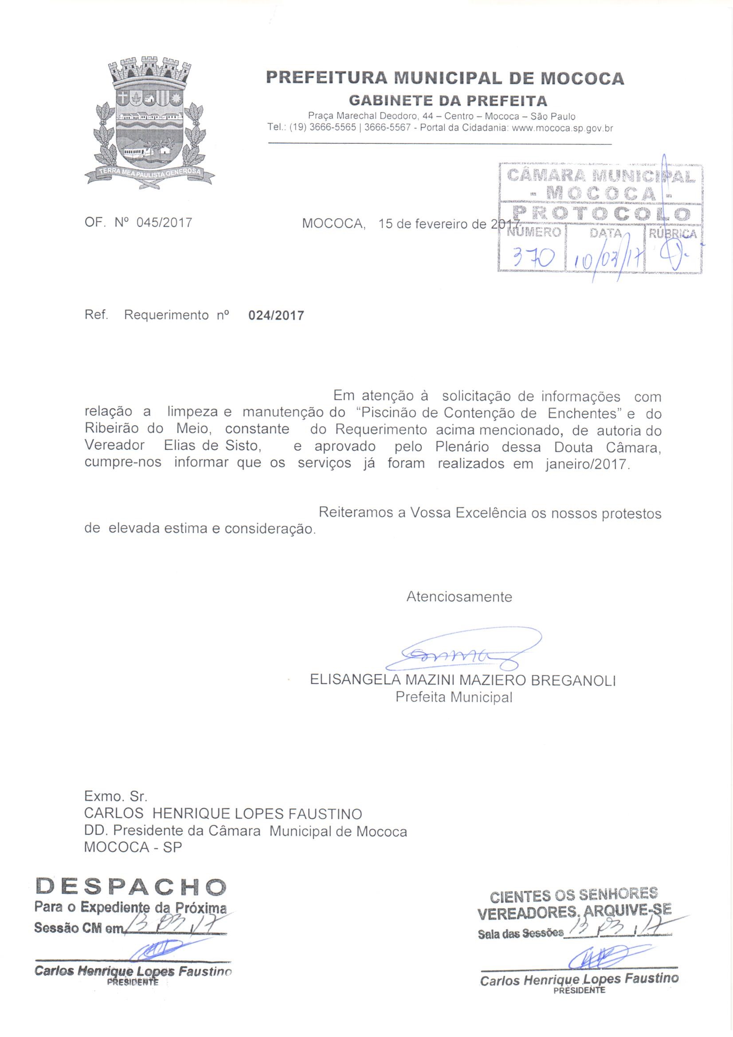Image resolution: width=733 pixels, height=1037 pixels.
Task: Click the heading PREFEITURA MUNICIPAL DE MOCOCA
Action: pos(445,78)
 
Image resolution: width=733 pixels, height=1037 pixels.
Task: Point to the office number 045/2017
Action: pos(164,222)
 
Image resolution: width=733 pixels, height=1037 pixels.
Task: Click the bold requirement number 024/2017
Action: pos(276,315)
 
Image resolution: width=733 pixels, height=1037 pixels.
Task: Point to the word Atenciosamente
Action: pos(459,597)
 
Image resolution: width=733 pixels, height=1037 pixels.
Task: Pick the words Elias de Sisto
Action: pos(212,446)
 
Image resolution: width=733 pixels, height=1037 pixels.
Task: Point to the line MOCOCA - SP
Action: pos(133,847)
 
